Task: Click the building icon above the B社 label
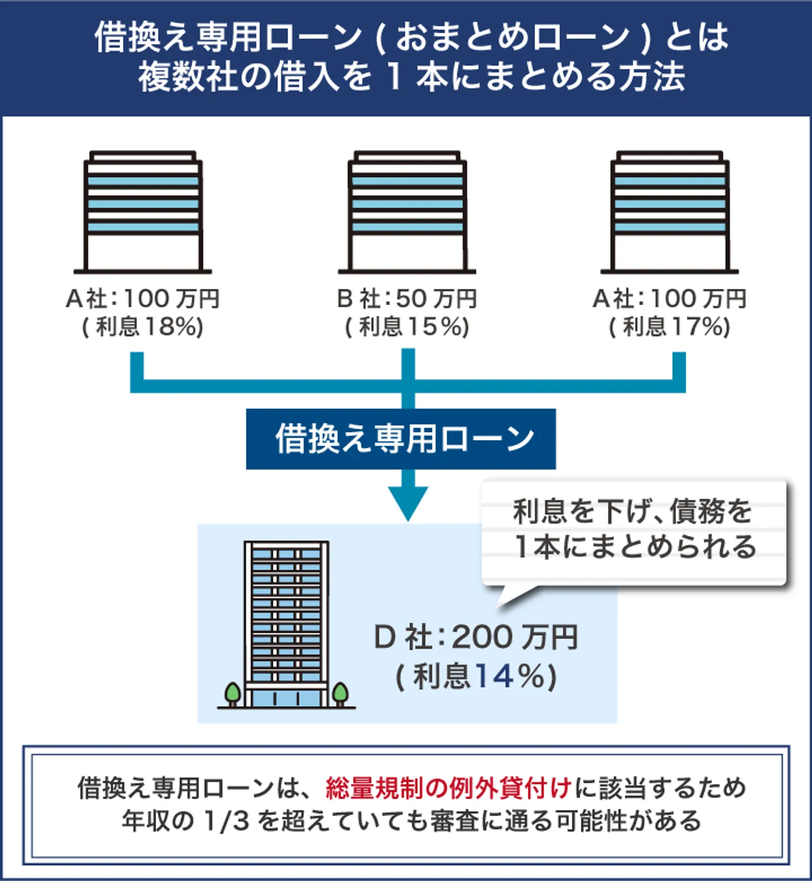[x=407, y=212]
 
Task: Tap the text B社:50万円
[x=407, y=299]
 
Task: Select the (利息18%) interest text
[x=143, y=327]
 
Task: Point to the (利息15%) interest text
[x=407, y=327]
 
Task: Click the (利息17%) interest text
[x=669, y=327]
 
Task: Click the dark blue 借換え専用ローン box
[x=400, y=439]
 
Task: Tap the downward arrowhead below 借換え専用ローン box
[x=408, y=502]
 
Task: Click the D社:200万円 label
[x=476, y=637]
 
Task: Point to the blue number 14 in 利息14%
[x=494, y=676]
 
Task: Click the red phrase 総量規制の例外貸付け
[x=449, y=788]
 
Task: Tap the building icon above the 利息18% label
[x=143, y=212]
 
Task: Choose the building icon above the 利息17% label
[x=670, y=212]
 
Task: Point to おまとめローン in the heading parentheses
[x=513, y=37]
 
